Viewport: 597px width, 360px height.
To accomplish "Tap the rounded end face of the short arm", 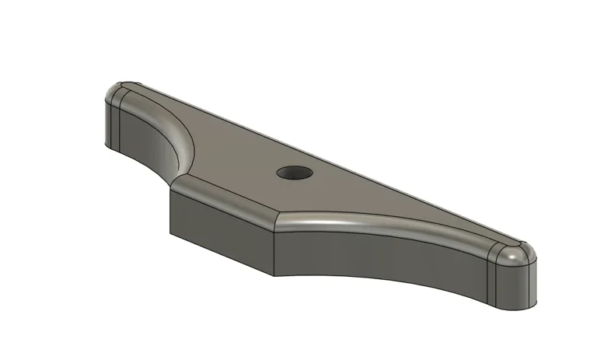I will click(x=110, y=122).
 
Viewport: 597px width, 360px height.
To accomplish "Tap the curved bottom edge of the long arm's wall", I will click(x=389, y=281).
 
